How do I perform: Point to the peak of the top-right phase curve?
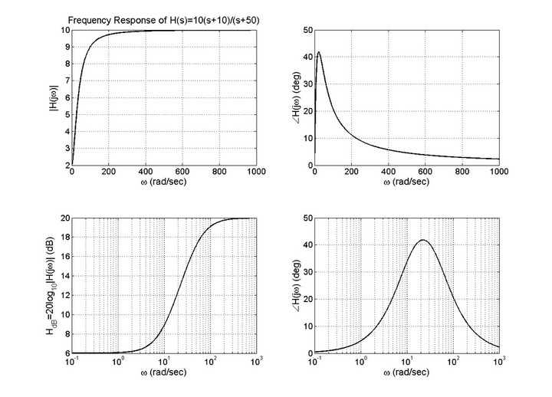tap(319, 52)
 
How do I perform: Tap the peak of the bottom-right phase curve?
tap(422, 240)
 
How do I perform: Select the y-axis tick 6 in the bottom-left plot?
tap(64, 353)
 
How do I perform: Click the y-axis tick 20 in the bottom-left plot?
tap(62, 218)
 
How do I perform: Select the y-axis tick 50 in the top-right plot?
tap(306, 31)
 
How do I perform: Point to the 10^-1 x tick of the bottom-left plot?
tap(72, 362)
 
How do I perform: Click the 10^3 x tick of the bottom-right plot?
tap(500, 362)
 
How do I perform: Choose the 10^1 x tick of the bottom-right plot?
tap(408, 362)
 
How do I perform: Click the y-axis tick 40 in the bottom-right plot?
tap(306, 245)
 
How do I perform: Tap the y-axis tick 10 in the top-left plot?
tap(63, 31)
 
